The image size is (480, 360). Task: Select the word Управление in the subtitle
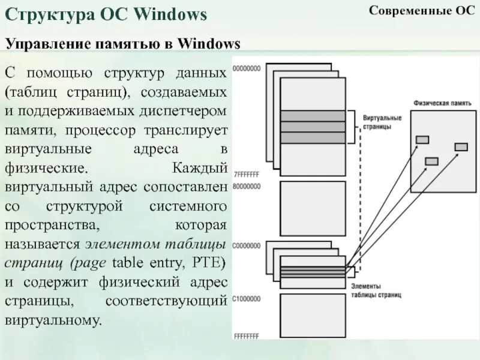click(43, 44)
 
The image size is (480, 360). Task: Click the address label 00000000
click(247, 69)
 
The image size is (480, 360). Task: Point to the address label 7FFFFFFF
click(247, 175)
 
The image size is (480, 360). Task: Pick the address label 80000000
click(247, 187)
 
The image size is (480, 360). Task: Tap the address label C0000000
click(247, 246)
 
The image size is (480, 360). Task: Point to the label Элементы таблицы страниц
click(377, 291)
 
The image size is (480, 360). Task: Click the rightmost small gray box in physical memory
click(461, 147)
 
